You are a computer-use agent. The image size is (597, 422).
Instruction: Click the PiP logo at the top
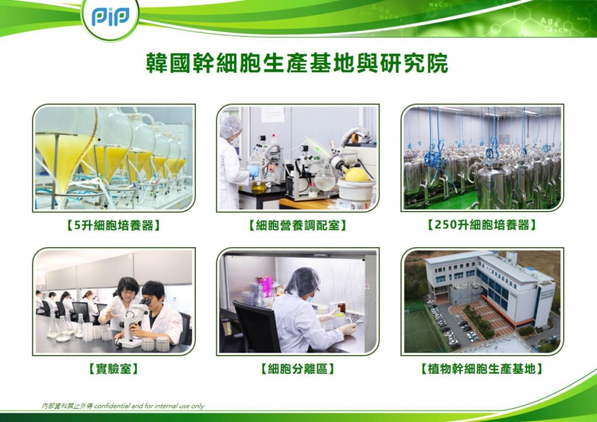tap(110, 17)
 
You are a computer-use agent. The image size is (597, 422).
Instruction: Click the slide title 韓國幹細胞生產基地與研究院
tap(297, 64)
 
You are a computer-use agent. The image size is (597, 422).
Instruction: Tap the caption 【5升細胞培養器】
tap(113, 226)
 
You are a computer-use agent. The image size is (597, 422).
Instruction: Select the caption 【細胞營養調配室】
tap(297, 226)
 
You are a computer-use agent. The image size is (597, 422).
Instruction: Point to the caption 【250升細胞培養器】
tap(482, 225)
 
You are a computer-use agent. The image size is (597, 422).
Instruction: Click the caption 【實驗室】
tap(113, 369)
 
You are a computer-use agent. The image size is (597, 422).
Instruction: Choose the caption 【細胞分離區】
tap(297, 369)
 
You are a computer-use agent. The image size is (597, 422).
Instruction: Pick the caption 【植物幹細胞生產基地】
tap(482, 369)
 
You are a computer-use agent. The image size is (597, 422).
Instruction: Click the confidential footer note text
tap(123, 406)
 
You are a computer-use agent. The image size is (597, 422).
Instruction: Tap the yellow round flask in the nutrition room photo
tap(357, 175)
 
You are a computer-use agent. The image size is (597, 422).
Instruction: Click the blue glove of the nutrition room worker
tap(254, 171)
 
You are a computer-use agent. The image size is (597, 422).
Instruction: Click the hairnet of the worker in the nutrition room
tap(231, 126)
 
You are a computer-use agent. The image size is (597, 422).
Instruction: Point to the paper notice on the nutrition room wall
tap(272, 114)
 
